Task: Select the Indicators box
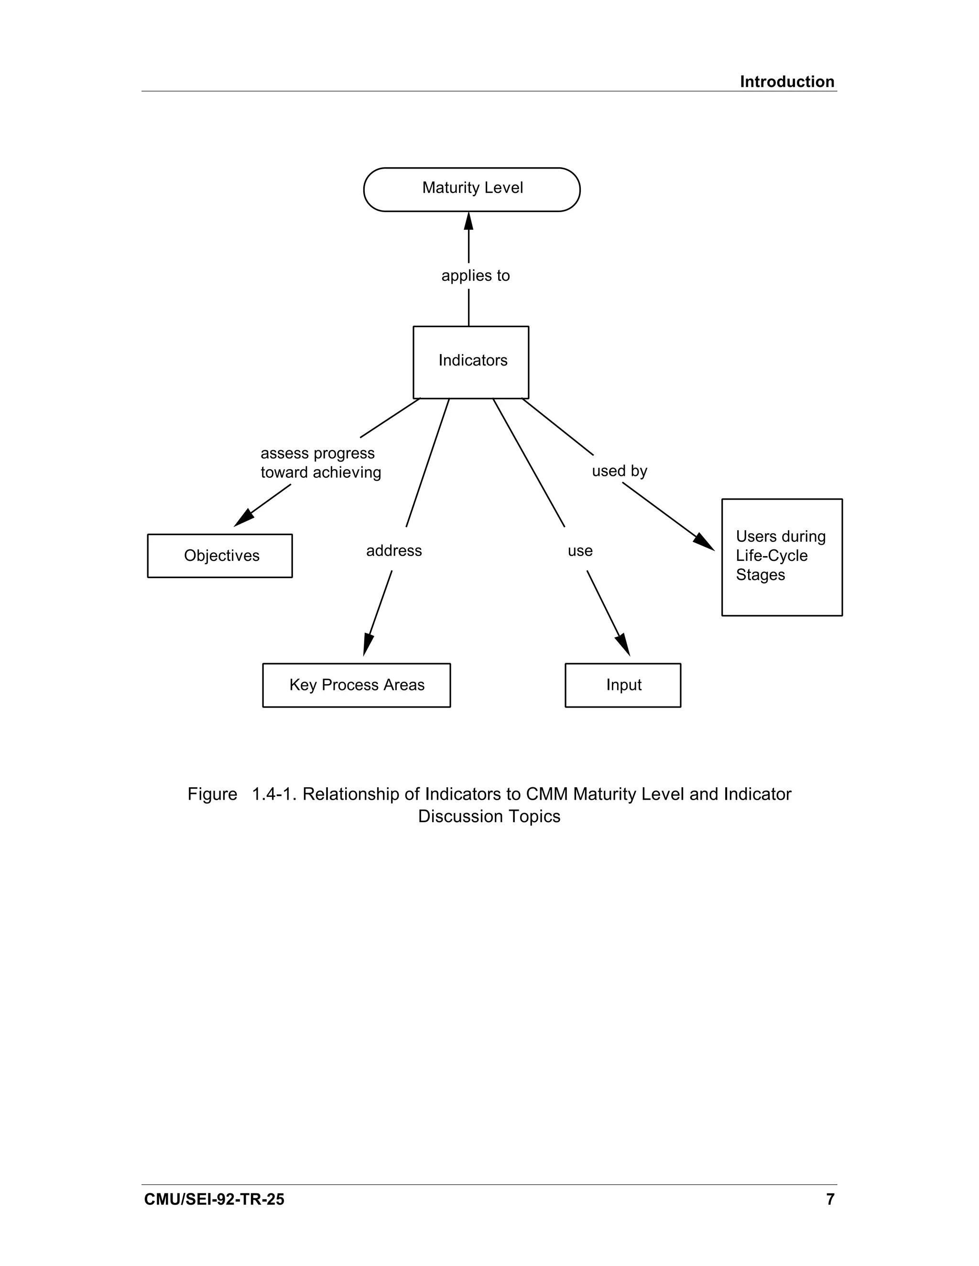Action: click(470, 362)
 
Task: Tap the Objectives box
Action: click(220, 555)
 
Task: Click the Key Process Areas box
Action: click(356, 685)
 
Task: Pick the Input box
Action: click(622, 685)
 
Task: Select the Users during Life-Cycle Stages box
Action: click(781, 557)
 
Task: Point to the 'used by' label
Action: click(619, 471)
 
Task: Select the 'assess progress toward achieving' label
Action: click(320, 462)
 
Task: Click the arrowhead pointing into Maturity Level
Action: click(468, 222)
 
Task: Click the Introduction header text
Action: click(786, 82)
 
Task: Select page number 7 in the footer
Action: click(830, 1199)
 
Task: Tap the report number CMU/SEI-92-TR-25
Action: click(214, 1199)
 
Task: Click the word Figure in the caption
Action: click(212, 794)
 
